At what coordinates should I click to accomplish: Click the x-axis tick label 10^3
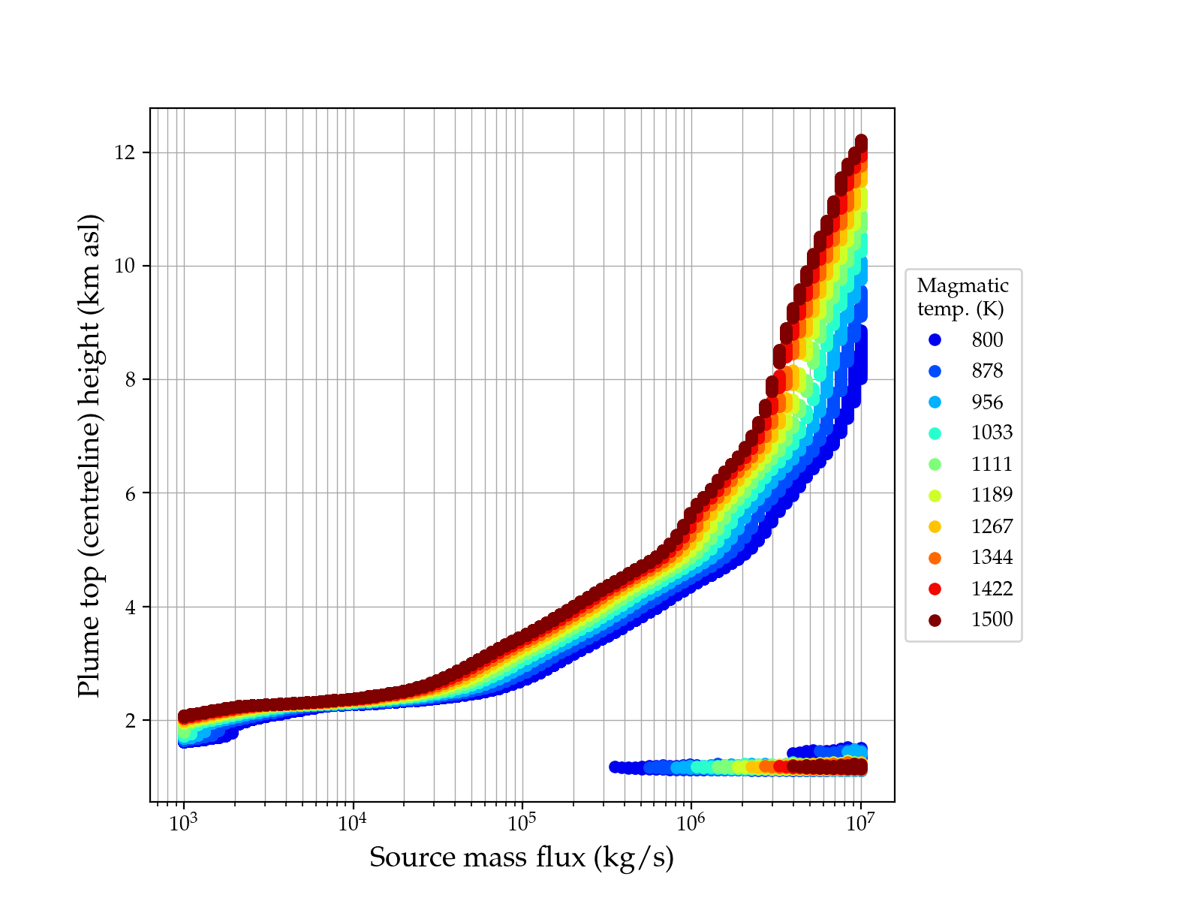(183, 822)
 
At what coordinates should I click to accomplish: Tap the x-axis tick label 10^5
(522, 822)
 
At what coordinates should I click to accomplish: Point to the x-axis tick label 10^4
(352, 822)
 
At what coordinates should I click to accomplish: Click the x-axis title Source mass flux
(522, 857)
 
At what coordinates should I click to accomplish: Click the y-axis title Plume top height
(89, 455)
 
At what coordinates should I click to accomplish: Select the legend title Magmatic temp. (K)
(963, 297)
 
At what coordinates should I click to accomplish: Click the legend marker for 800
(935, 340)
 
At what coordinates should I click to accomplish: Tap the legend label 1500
(992, 619)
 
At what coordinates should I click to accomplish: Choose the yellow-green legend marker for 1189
(935, 496)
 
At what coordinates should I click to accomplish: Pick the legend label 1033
(992, 433)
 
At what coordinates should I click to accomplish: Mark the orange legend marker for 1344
(935, 558)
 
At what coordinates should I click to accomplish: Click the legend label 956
(987, 402)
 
